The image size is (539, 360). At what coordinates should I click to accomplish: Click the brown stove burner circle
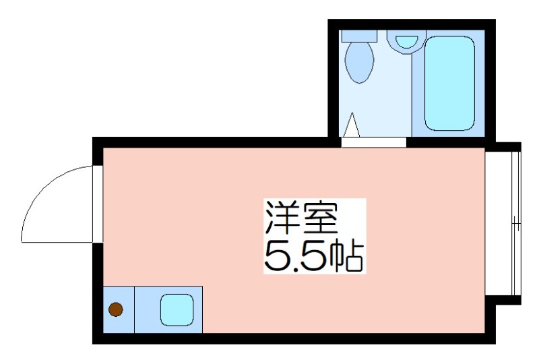(x=116, y=310)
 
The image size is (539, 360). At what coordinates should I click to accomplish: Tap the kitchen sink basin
(x=176, y=310)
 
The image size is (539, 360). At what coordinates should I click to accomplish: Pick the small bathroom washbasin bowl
(x=406, y=41)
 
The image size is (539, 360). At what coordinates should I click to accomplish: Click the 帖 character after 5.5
(x=348, y=256)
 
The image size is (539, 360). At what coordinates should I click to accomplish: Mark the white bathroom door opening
(x=374, y=142)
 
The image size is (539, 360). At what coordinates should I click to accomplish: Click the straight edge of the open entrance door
(x=57, y=241)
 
